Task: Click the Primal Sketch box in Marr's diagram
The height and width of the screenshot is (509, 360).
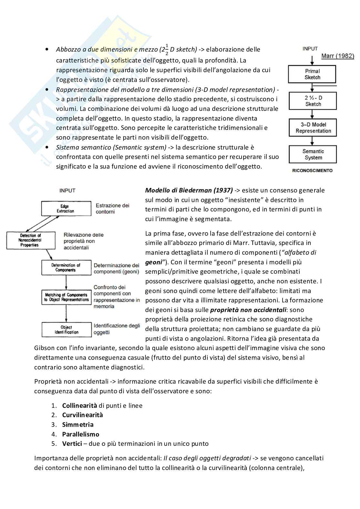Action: (x=312, y=74)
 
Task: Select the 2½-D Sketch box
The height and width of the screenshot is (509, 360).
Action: (x=313, y=101)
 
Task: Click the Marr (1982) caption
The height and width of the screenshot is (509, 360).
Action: (x=337, y=56)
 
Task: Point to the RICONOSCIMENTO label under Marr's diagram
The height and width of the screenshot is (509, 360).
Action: (x=312, y=171)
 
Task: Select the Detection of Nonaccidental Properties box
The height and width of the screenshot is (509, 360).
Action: (x=30, y=240)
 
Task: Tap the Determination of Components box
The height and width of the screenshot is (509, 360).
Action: (x=66, y=268)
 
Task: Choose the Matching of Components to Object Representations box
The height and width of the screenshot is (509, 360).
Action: (x=66, y=297)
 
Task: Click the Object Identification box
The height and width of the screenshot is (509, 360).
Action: (x=66, y=330)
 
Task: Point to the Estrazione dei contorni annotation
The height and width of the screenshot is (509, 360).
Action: (x=112, y=208)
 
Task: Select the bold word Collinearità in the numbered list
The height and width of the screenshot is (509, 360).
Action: (x=79, y=406)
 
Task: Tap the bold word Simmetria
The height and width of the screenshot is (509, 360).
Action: (x=78, y=425)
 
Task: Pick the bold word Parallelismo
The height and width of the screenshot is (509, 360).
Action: (x=81, y=434)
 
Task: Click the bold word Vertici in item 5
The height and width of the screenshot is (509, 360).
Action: (x=72, y=444)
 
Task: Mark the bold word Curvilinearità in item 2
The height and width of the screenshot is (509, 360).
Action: (x=82, y=415)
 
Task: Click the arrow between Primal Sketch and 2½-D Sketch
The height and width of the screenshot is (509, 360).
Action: (x=312, y=87)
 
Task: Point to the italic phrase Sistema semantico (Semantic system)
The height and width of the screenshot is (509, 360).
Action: (x=111, y=147)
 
